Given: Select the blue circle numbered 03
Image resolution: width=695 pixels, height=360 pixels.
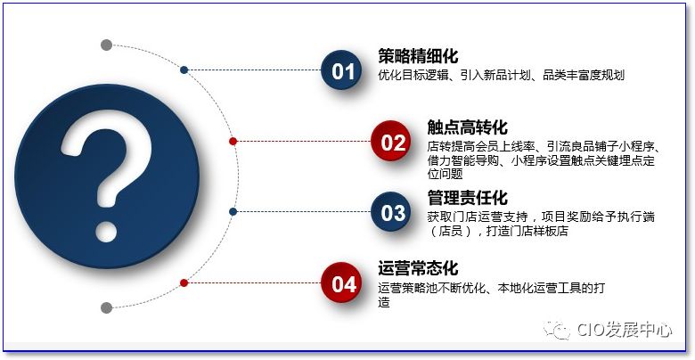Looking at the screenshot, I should [x=393, y=212].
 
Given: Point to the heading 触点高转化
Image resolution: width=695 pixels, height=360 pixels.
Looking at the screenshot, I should [x=467, y=127].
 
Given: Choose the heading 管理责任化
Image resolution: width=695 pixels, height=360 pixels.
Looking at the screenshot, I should [x=467, y=197].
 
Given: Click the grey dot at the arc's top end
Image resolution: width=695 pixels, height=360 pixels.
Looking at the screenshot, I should [x=107, y=45].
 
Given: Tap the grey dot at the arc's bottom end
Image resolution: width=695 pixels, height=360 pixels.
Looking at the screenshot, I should [x=107, y=308].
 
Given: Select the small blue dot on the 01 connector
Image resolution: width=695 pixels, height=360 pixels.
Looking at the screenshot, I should [x=184, y=70].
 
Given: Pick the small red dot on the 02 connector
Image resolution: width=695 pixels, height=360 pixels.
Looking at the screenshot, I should [x=233, y=141].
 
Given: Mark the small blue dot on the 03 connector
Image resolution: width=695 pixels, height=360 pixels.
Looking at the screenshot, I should [x=233, y=212].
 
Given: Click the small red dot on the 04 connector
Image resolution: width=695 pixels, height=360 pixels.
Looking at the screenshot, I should [x=184, y=282].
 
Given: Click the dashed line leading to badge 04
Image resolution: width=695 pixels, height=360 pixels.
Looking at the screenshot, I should [x=254, y=282].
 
